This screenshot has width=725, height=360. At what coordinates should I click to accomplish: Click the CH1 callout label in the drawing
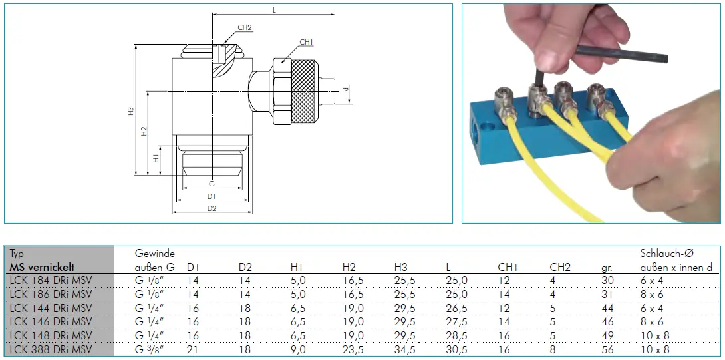(x=306, y=43)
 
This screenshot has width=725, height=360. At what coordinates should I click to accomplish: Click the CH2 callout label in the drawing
(x=245, y=27)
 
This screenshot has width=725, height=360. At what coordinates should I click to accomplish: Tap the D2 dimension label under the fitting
(x=212, y=208)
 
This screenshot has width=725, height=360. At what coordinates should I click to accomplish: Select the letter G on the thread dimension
(x=212, y=184)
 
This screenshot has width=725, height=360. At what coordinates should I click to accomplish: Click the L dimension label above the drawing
(x=274, y=10)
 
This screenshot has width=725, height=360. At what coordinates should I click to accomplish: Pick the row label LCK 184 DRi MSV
(x=51, y=281)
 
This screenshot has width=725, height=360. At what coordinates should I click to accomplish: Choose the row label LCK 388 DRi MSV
(x=51, y=349)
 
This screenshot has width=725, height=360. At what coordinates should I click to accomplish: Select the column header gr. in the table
(x=607, y=267)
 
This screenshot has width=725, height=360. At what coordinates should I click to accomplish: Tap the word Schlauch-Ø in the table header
(x=666, y=254)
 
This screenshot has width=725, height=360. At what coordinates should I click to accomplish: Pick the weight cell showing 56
(x=607, y=349)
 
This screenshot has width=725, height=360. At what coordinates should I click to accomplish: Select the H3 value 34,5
(x=405, y=349)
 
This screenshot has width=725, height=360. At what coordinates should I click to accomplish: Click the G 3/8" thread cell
(x=150, y=349)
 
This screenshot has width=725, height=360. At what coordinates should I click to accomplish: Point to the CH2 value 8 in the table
(x=553, y=349)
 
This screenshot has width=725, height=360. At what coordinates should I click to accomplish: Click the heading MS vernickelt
(x=42, y=267)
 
